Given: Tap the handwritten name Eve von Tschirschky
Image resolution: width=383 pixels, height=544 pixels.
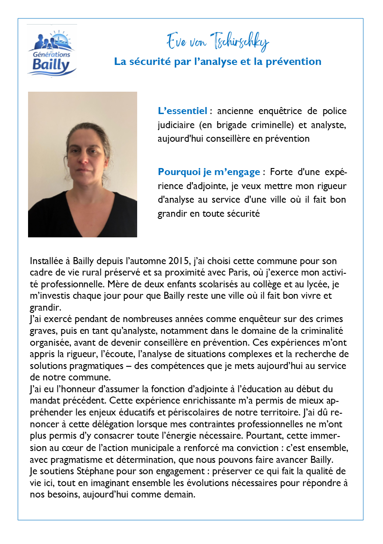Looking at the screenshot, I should tap(217, 42).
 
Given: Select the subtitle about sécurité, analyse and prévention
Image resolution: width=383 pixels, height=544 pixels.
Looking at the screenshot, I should tap(217, 61).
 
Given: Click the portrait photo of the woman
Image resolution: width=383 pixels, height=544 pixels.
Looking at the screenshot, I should tap(82, 165).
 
